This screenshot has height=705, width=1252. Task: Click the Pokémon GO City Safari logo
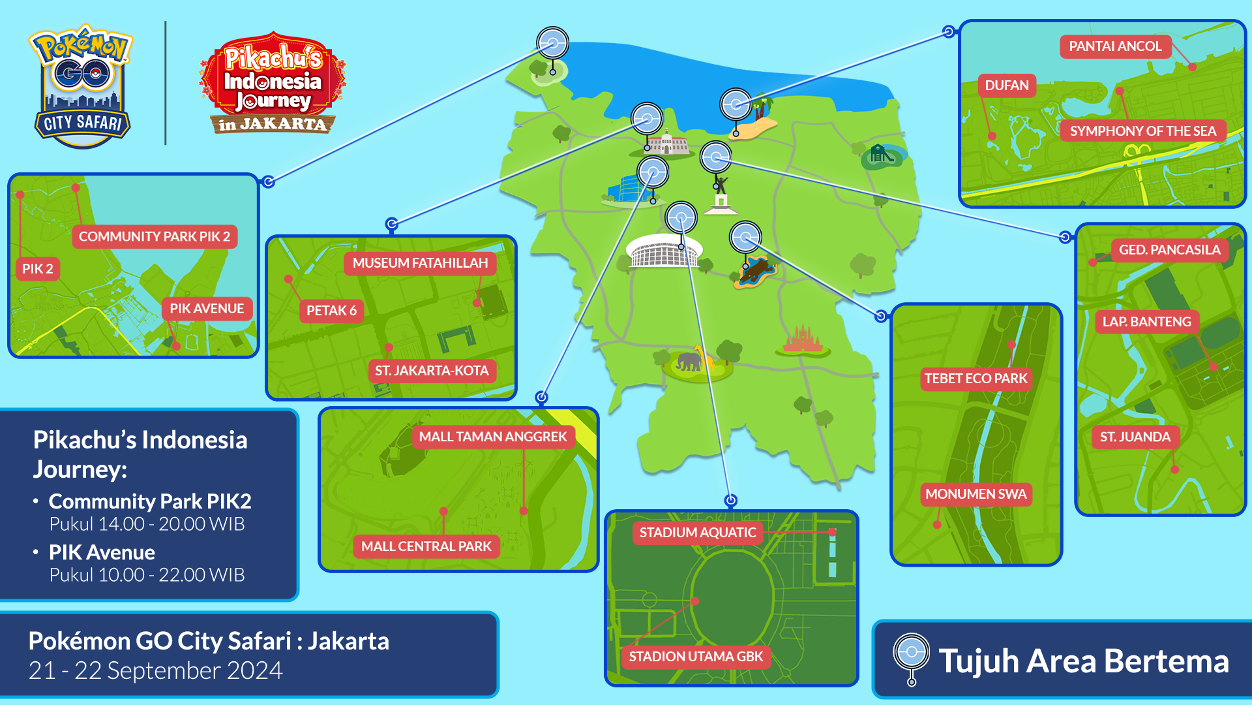point(82,85)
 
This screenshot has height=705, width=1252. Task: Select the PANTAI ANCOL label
point(1115,46)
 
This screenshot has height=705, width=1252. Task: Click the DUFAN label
point(1006,86)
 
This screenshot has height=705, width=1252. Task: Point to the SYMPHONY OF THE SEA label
point(1142,131)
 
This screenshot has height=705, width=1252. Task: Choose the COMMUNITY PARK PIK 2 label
point(155,236)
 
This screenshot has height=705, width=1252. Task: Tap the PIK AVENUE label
point(207,309)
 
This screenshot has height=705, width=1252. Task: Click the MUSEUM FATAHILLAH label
point(420,263)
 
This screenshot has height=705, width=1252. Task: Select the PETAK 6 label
point(331,311)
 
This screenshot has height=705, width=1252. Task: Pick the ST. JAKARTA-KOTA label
point(432,371)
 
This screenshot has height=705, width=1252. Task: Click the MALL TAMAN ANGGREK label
point(493,437)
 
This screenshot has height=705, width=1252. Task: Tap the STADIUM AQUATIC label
point(697,533)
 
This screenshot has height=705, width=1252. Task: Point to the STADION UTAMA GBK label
point(696,657)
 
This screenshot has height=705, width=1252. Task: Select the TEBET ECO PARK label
point(976,379)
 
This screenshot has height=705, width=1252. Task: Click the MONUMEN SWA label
point(976,494)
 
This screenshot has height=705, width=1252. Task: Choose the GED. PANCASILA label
point(1169,250)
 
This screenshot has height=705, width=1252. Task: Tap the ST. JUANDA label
point(1135,437)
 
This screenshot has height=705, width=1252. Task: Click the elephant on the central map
point(689,361)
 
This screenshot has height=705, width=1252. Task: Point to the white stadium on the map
point(663,251)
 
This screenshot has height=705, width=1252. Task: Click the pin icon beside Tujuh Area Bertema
point(911,658)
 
